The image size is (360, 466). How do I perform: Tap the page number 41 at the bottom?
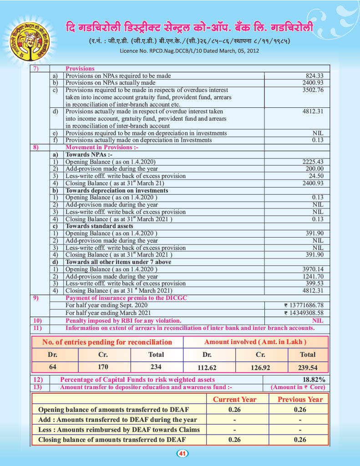(x=182, y=453)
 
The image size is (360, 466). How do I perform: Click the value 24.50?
(x=316, y=176)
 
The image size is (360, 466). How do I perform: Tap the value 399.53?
(x=314, y=284)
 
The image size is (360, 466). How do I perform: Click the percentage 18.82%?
(x=314, y=380)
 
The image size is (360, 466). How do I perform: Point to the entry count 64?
(x=52, y=367)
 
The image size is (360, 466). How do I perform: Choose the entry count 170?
(x=103, y=367)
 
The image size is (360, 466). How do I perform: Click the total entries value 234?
(x=156, y=367)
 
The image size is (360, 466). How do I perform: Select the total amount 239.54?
(x=308, y=368)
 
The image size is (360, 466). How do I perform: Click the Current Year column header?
(x=235, y=400)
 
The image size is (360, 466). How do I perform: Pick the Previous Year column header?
(x=300, y=400)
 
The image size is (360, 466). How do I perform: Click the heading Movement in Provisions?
(x=102, y=147)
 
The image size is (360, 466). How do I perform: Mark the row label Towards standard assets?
(x=99, y=226)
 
